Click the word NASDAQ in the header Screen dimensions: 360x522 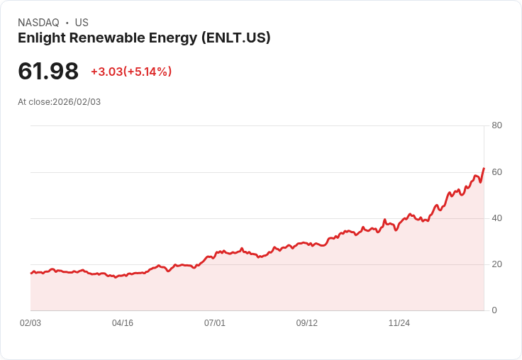[x=38, y=23]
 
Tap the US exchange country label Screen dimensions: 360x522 [x=82, y=23]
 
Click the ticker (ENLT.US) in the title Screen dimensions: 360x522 [x=236, y=38]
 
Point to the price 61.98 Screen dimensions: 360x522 [x=48, y=72]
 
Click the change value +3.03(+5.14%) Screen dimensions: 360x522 [x=131, y=72]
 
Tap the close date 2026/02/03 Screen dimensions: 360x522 [x=77, y=102]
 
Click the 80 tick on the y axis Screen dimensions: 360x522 [x=496, y=126]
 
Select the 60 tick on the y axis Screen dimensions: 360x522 [x=496, y=172]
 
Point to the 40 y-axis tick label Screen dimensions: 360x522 [x=496, y=218]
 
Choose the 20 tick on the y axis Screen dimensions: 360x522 [x=496, y=264]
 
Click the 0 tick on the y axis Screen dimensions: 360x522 [x=494, y=310]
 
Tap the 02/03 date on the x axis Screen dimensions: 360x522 [x=30, y=323]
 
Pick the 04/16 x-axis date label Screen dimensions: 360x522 [x=123, y=323]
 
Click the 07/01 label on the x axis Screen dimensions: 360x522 [x=215, y=323]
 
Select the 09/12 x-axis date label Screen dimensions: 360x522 [x=307, y=323]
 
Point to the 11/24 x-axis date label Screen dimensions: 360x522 [x=399, y=323]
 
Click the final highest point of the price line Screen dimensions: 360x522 [x=484, y=169]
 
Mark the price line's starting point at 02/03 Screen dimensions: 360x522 [x=30, y=273]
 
